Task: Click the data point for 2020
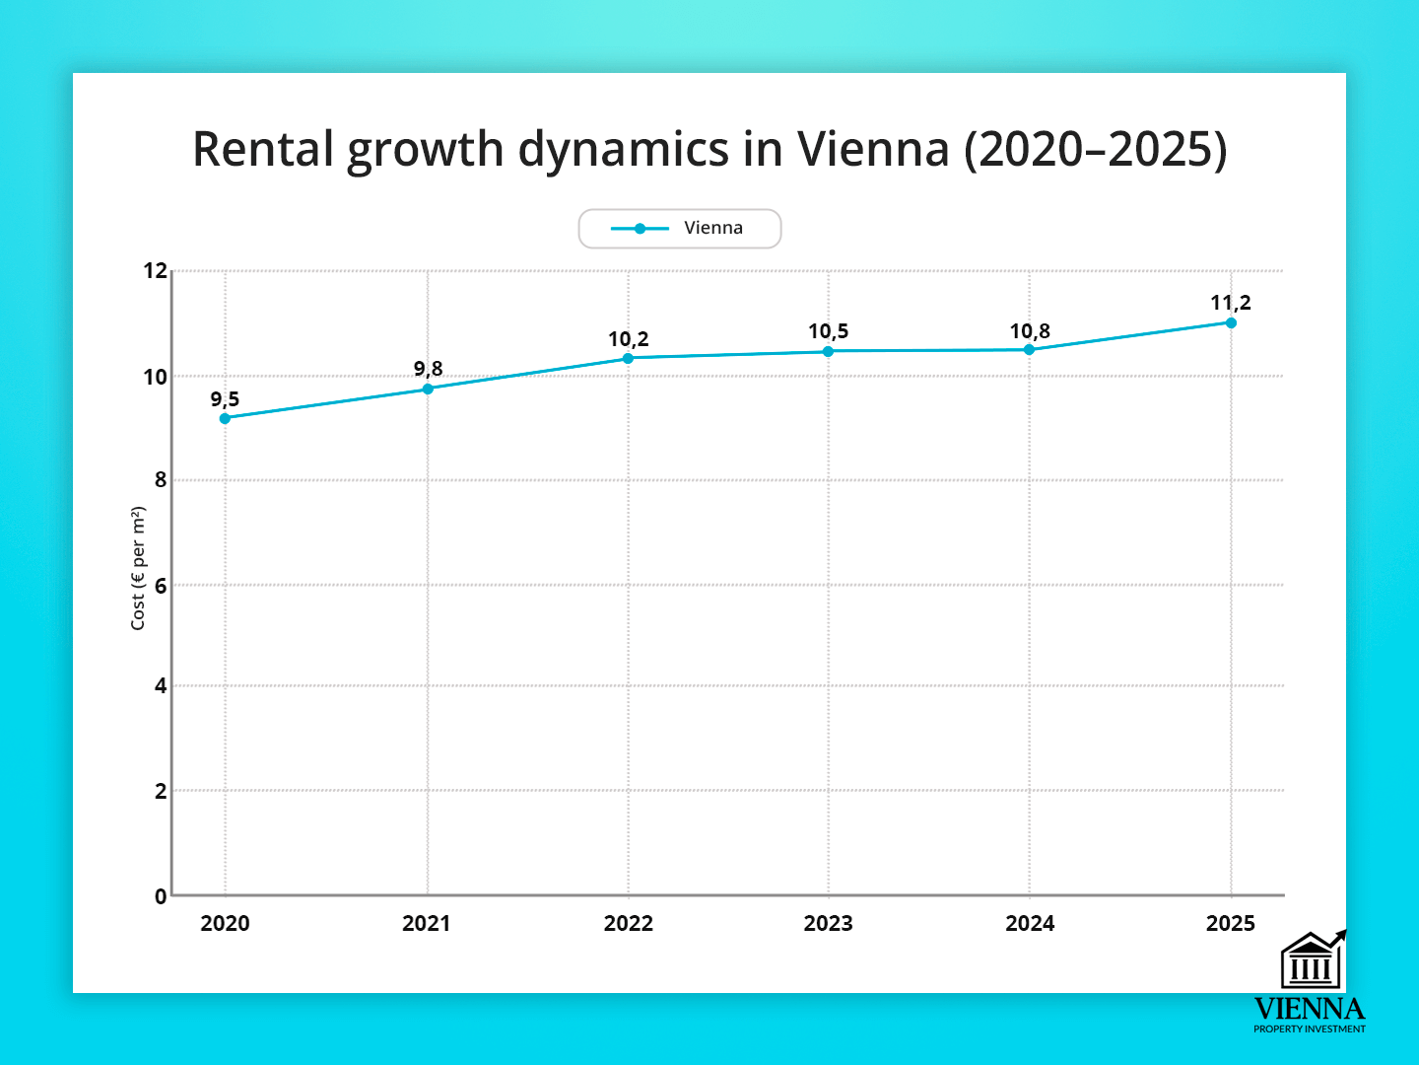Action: pyautogui.click(x=225, y=418)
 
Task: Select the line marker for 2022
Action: pyautogui.click(x=628, y=358)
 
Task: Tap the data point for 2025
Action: pyautogui.click(x=1231, y=322)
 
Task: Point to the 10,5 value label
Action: pyautogui.click(x=828, y=331)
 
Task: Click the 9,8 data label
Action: pyautogui.click(x=428, y=369)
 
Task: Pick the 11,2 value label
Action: pyautogui.click(x=1231, y=303)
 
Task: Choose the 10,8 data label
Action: pyautogui.click(x=1030, y=331)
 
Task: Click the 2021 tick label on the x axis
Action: pyautogui.click(x=426, y=923)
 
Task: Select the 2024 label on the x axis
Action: pyautogui.click(x=1030, y=923)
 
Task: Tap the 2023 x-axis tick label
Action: pyautogui.click(x=828, y=923)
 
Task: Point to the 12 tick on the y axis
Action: pyautogui.click(x=156, y=270)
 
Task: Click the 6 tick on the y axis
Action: pyautogui.click(x=161, y=585)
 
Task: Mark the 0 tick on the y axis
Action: pyautogui.click(x=161, y=896)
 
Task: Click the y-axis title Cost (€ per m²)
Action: pyautogui.click(x=138, y=568)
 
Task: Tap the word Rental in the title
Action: pyautogui.click(x=263, y=150)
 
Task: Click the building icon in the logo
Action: pyautogui.click(x=1311, y=960)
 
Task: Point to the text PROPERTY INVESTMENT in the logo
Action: pyautogui.click(x=1310, y=1029)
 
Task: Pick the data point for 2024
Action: pyautogui.click(x=1029, y=349)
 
